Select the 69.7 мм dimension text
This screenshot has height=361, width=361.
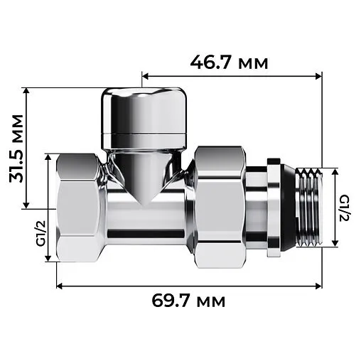[189, 301]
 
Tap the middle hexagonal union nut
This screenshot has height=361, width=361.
[218, 206]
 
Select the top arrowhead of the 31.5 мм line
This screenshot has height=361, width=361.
[26, 91]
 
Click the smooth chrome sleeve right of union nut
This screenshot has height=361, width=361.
[255, 206]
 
